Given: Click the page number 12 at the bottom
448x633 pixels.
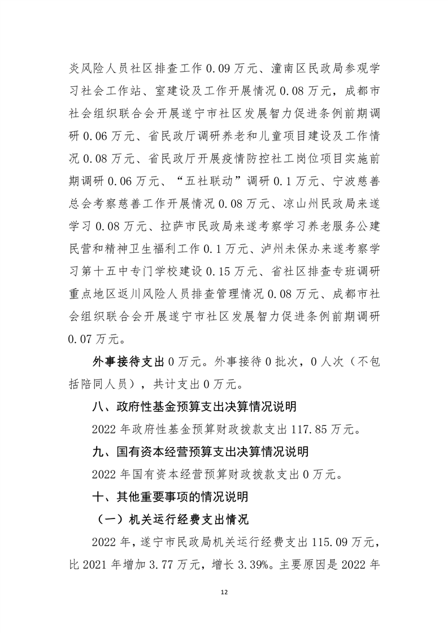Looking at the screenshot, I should tap(224, 592).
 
